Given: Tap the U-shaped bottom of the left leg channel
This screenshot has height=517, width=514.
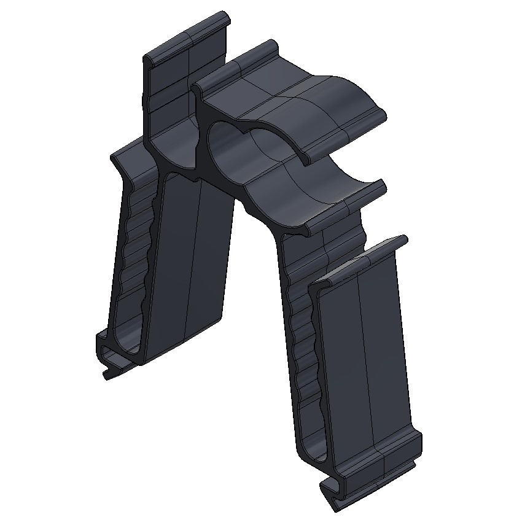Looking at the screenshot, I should (x=126, y=344).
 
